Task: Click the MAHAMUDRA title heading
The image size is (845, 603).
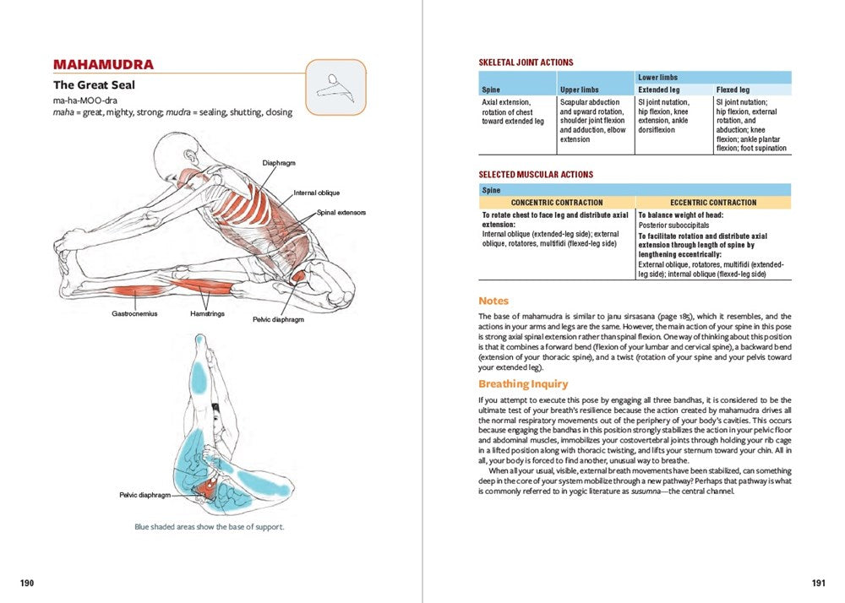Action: coord(103,65)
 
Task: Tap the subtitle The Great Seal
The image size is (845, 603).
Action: coord(94,85)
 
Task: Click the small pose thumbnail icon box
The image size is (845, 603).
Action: coord(335,88)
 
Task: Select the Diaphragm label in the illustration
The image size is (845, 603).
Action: coord(279,163)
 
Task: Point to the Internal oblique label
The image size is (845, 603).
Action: coord(317,193)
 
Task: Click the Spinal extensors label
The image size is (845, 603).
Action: coord(341,213)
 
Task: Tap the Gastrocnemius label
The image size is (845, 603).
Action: coord(134,313)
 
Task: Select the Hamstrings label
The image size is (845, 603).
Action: coord(208,313)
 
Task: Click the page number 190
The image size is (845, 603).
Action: coord(27,583)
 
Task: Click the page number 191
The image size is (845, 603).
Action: coord(817,583)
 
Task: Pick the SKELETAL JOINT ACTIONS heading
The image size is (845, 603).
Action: coord(526,62)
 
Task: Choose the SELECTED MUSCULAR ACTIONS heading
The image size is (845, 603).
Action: coord(536,175)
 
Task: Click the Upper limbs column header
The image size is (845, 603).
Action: coord(580,90)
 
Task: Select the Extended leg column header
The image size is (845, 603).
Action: coord(659,90)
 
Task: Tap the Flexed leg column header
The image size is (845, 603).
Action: coord(733,90)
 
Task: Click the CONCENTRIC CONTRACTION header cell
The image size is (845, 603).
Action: coord(557,203)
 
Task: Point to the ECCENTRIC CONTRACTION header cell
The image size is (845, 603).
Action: coord(713,203)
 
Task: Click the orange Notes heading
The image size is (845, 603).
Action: coord(493,301)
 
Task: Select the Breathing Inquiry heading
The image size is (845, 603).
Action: coord(519,383)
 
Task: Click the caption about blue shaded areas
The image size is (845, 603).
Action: coord(210,527)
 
